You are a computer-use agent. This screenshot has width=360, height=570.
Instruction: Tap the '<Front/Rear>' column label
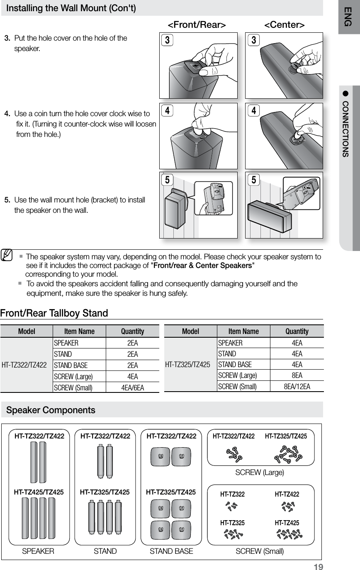click(197, 25)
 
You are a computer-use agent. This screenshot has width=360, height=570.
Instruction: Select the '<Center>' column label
click(285, 25)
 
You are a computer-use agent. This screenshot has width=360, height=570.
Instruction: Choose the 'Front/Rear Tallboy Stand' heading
click(54, 313)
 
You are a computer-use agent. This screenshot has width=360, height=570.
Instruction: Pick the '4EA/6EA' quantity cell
click(132, 388)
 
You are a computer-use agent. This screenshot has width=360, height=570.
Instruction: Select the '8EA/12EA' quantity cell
click(297, 387)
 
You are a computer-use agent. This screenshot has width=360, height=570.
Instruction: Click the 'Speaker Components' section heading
click(51, 411)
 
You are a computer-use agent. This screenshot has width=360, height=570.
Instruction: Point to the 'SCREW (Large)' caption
click(260, 473)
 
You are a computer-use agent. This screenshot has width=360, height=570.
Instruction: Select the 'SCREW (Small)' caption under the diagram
click(260, 551)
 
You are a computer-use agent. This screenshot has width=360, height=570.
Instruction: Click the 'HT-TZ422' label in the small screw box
click(287, 494)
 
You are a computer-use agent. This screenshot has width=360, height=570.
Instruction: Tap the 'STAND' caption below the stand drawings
click(105, 551)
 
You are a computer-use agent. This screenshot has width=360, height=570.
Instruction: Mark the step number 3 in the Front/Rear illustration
click(167, 40)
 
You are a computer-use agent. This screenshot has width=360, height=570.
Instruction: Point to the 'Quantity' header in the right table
click(297, 331)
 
